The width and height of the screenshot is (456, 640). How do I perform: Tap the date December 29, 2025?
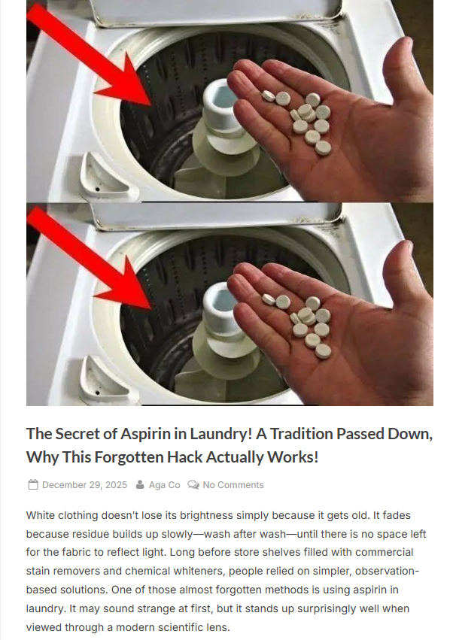[x=84, y=485]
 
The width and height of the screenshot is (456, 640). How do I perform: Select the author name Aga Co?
[x=165, y=485]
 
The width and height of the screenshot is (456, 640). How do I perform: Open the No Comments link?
[x=233, y=485]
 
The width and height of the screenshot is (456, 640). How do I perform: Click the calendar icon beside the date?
[x=33, y=485]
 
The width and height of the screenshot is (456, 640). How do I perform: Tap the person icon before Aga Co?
[x=140, y=484]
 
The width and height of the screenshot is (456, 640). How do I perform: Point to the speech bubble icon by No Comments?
[x=193, y=485]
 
